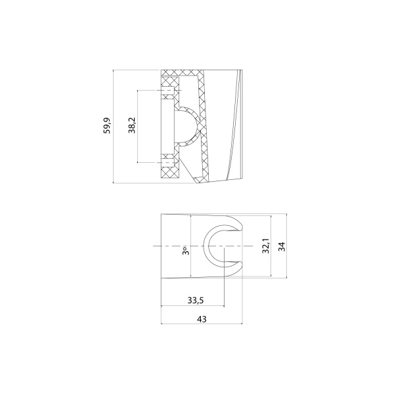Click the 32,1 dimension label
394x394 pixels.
(x=266, y=246)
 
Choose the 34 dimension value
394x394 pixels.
(x=281, y=246)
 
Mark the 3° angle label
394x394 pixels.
(x=186, y=250)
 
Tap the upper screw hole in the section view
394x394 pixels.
(x=168, y=89)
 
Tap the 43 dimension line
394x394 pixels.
(x=223, y=324)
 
